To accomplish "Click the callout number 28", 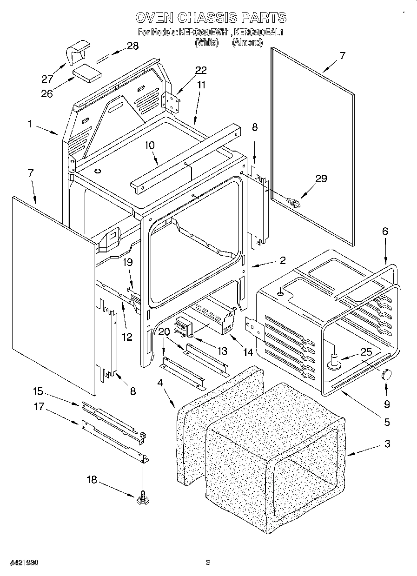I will pyautogui.click(x=132, y=46).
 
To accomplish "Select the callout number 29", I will pyautogui.click(x=321, y=179).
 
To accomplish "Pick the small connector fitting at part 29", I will pyautogui.click(x=294, y=202).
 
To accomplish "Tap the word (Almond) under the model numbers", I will pyautogui.click(x=247, y=42).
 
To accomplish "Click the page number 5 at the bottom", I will pyautogui.click(x=208, y=562).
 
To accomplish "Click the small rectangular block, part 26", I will pyautogui.click(x=87, y=73).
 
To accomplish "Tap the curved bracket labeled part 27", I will pyautogui.click(x=77, y=51).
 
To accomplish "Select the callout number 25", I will pyautogui.click(x=366, y=352).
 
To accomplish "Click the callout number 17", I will pyautogui.click(x=39, y=406).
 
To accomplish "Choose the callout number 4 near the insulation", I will pyautogui.click(x=160, y=383).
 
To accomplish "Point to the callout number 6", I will pyautogui.click(x=384, y=231).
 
